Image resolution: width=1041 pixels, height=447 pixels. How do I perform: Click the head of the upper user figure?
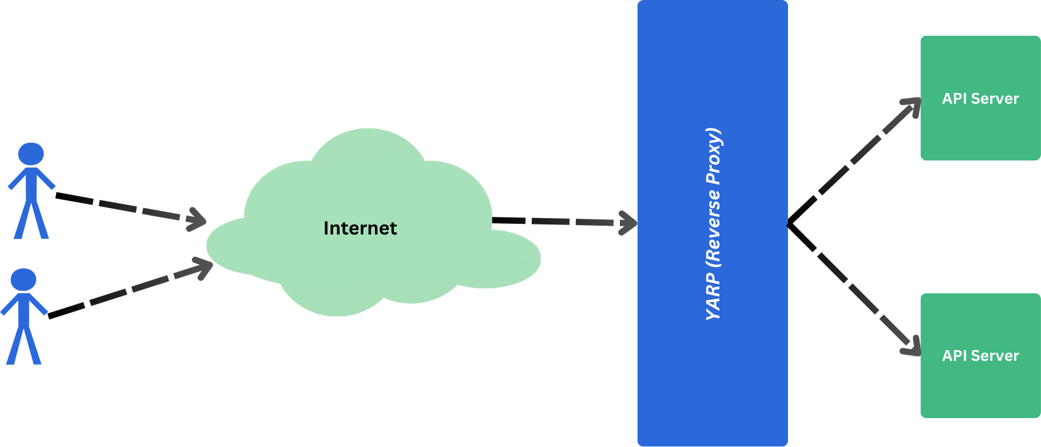(31, 154)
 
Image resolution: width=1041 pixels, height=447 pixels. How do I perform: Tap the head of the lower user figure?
(23, 280)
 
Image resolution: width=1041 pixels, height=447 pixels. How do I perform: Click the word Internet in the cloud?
(360, 228)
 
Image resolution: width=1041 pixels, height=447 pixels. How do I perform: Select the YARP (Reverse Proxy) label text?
(713, 224)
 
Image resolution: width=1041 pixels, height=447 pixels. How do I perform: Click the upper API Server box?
(980, 98)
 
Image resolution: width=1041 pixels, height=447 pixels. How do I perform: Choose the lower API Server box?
(980, 355)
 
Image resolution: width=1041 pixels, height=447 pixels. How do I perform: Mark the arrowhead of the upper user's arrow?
(198, 219)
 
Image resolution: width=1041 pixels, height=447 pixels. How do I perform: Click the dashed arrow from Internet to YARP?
(554, 221)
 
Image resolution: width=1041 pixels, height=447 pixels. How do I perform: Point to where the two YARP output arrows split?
(790, 224)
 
